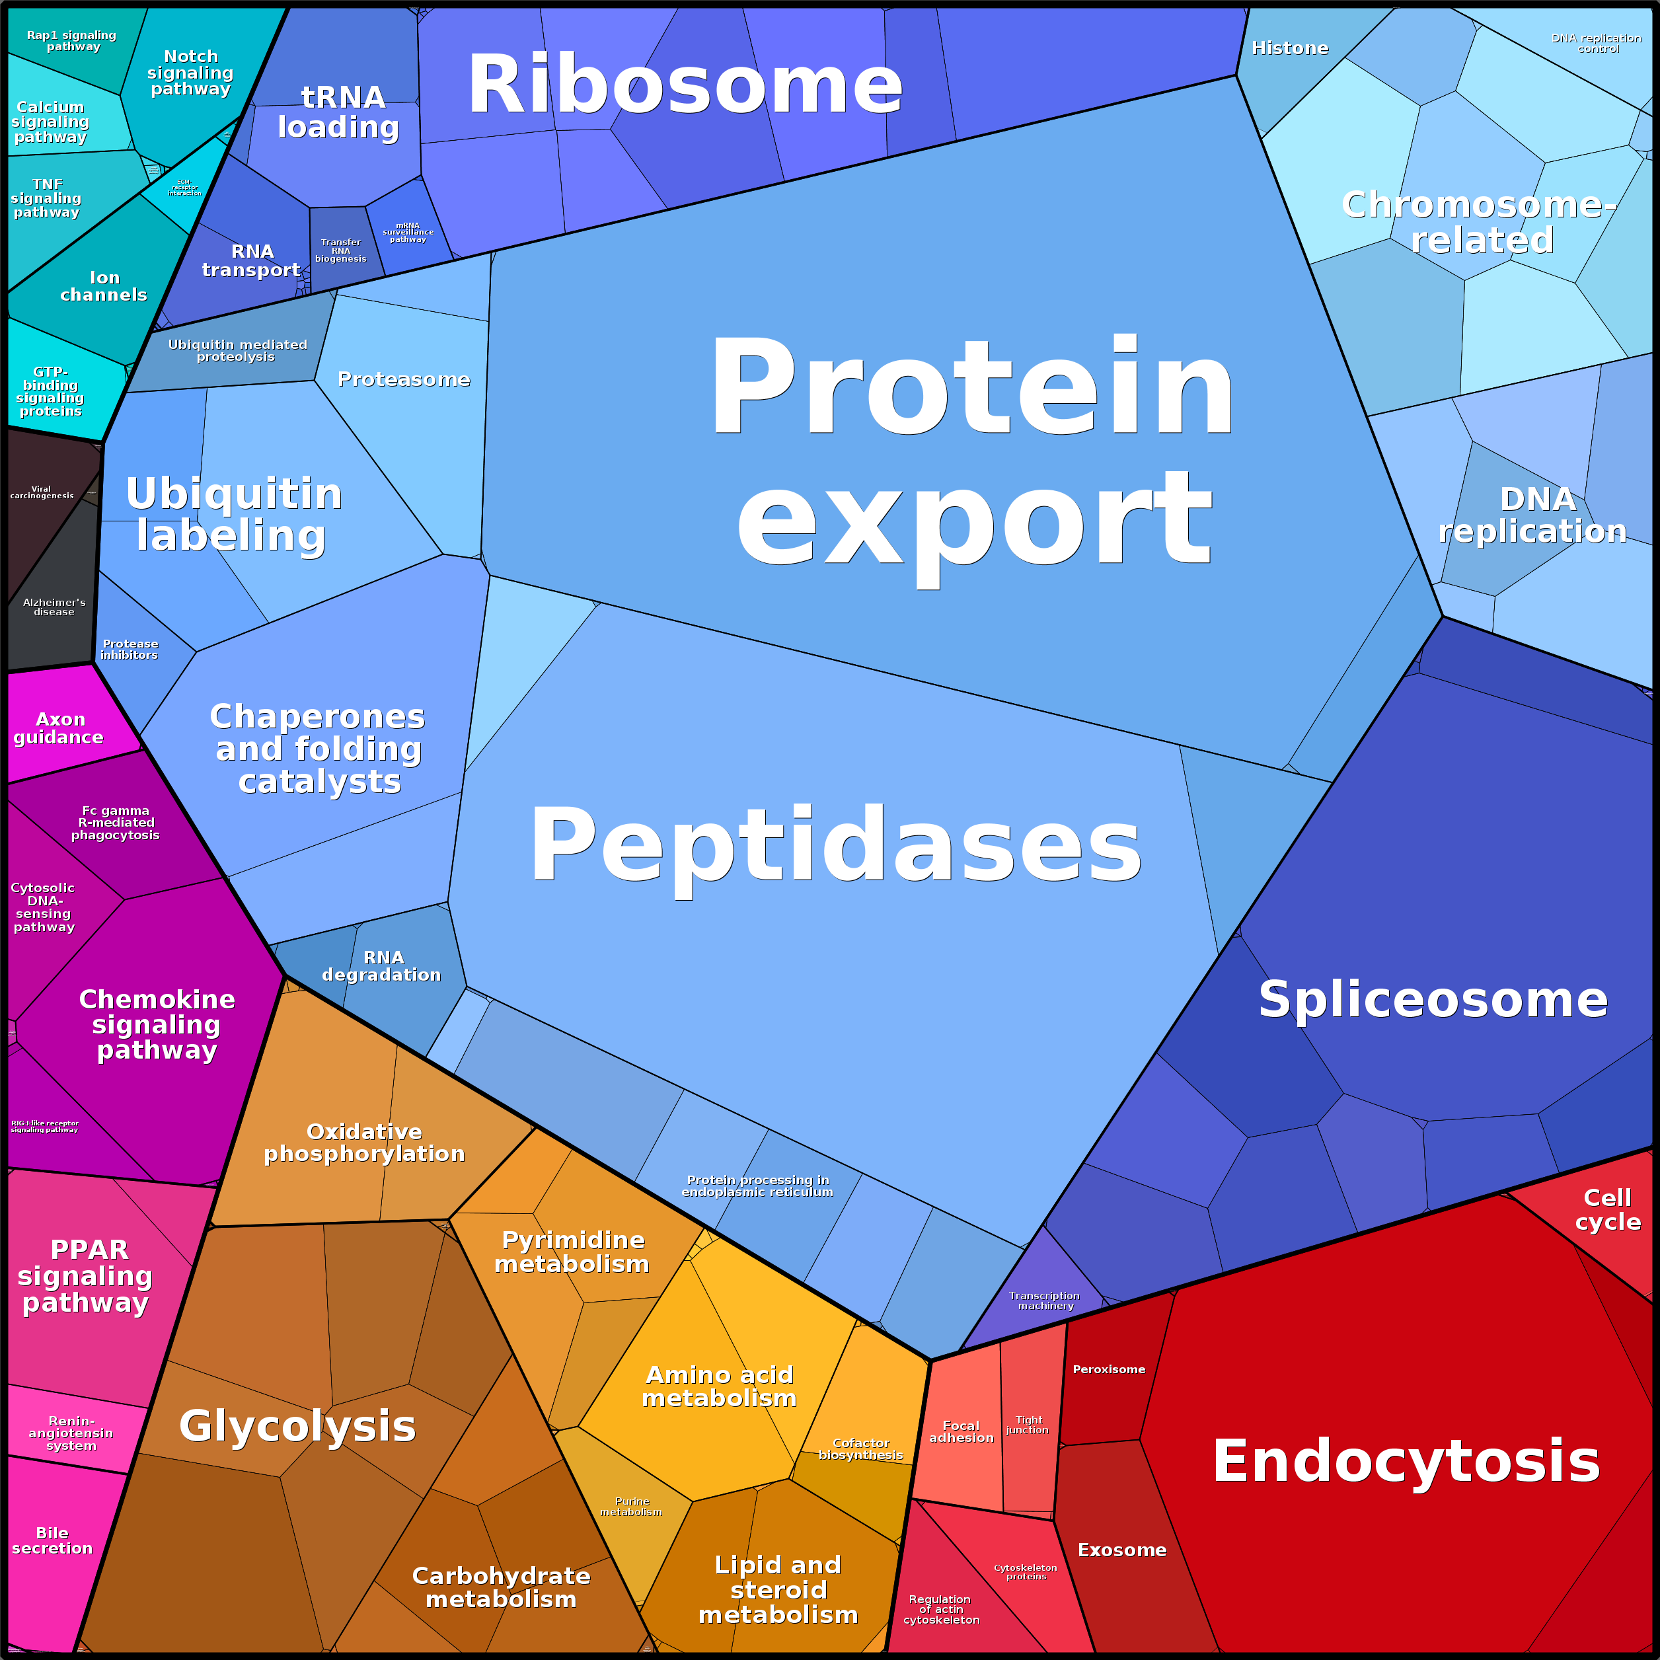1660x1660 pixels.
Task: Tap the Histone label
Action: click(1290, 48)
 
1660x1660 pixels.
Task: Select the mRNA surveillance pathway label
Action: click(408, 232)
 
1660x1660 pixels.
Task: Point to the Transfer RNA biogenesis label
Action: click(340, 250)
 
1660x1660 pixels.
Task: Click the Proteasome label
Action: click(404, 379)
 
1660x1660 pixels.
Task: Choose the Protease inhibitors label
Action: click(130, 649)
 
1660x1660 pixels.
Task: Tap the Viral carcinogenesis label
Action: click(41, 492)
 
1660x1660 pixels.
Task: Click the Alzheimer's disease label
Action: click(54, 607)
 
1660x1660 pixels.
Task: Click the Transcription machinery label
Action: click(1045, 1300)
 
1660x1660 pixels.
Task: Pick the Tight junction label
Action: click(1028, 1425)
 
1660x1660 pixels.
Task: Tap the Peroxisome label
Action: click(1108, 1369)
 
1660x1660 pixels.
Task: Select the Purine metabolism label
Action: click(632, 1506)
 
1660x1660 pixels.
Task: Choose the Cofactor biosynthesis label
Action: click(861, 1449)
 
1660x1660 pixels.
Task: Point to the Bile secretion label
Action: click(52, 1540)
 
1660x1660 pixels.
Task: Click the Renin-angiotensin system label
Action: click(71, 1433)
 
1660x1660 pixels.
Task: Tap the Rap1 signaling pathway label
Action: click(71, 40)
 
